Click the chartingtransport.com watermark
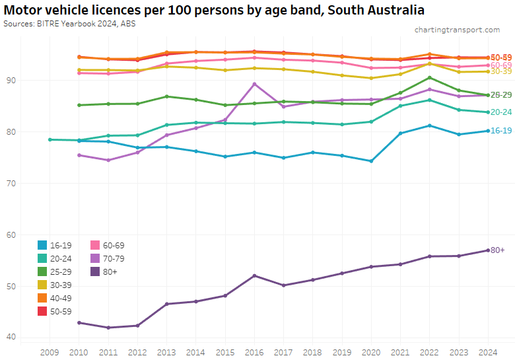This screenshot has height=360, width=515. pos(457,30)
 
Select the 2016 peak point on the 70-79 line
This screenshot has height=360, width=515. pos(255,84)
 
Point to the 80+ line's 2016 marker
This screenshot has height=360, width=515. pos(255,275)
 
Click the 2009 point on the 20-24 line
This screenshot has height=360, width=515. pos(50,139)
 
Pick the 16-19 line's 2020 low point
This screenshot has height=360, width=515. pos(371,161)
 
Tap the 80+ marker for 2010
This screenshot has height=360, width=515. pos(79,322)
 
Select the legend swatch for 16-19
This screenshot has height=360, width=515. pos(43,245)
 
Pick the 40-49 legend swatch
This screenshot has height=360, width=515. pos(43,298)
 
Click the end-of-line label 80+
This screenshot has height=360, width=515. pos(498,250)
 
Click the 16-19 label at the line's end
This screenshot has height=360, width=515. pos(501,131)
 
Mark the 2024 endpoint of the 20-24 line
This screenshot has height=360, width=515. pos(488,112)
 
